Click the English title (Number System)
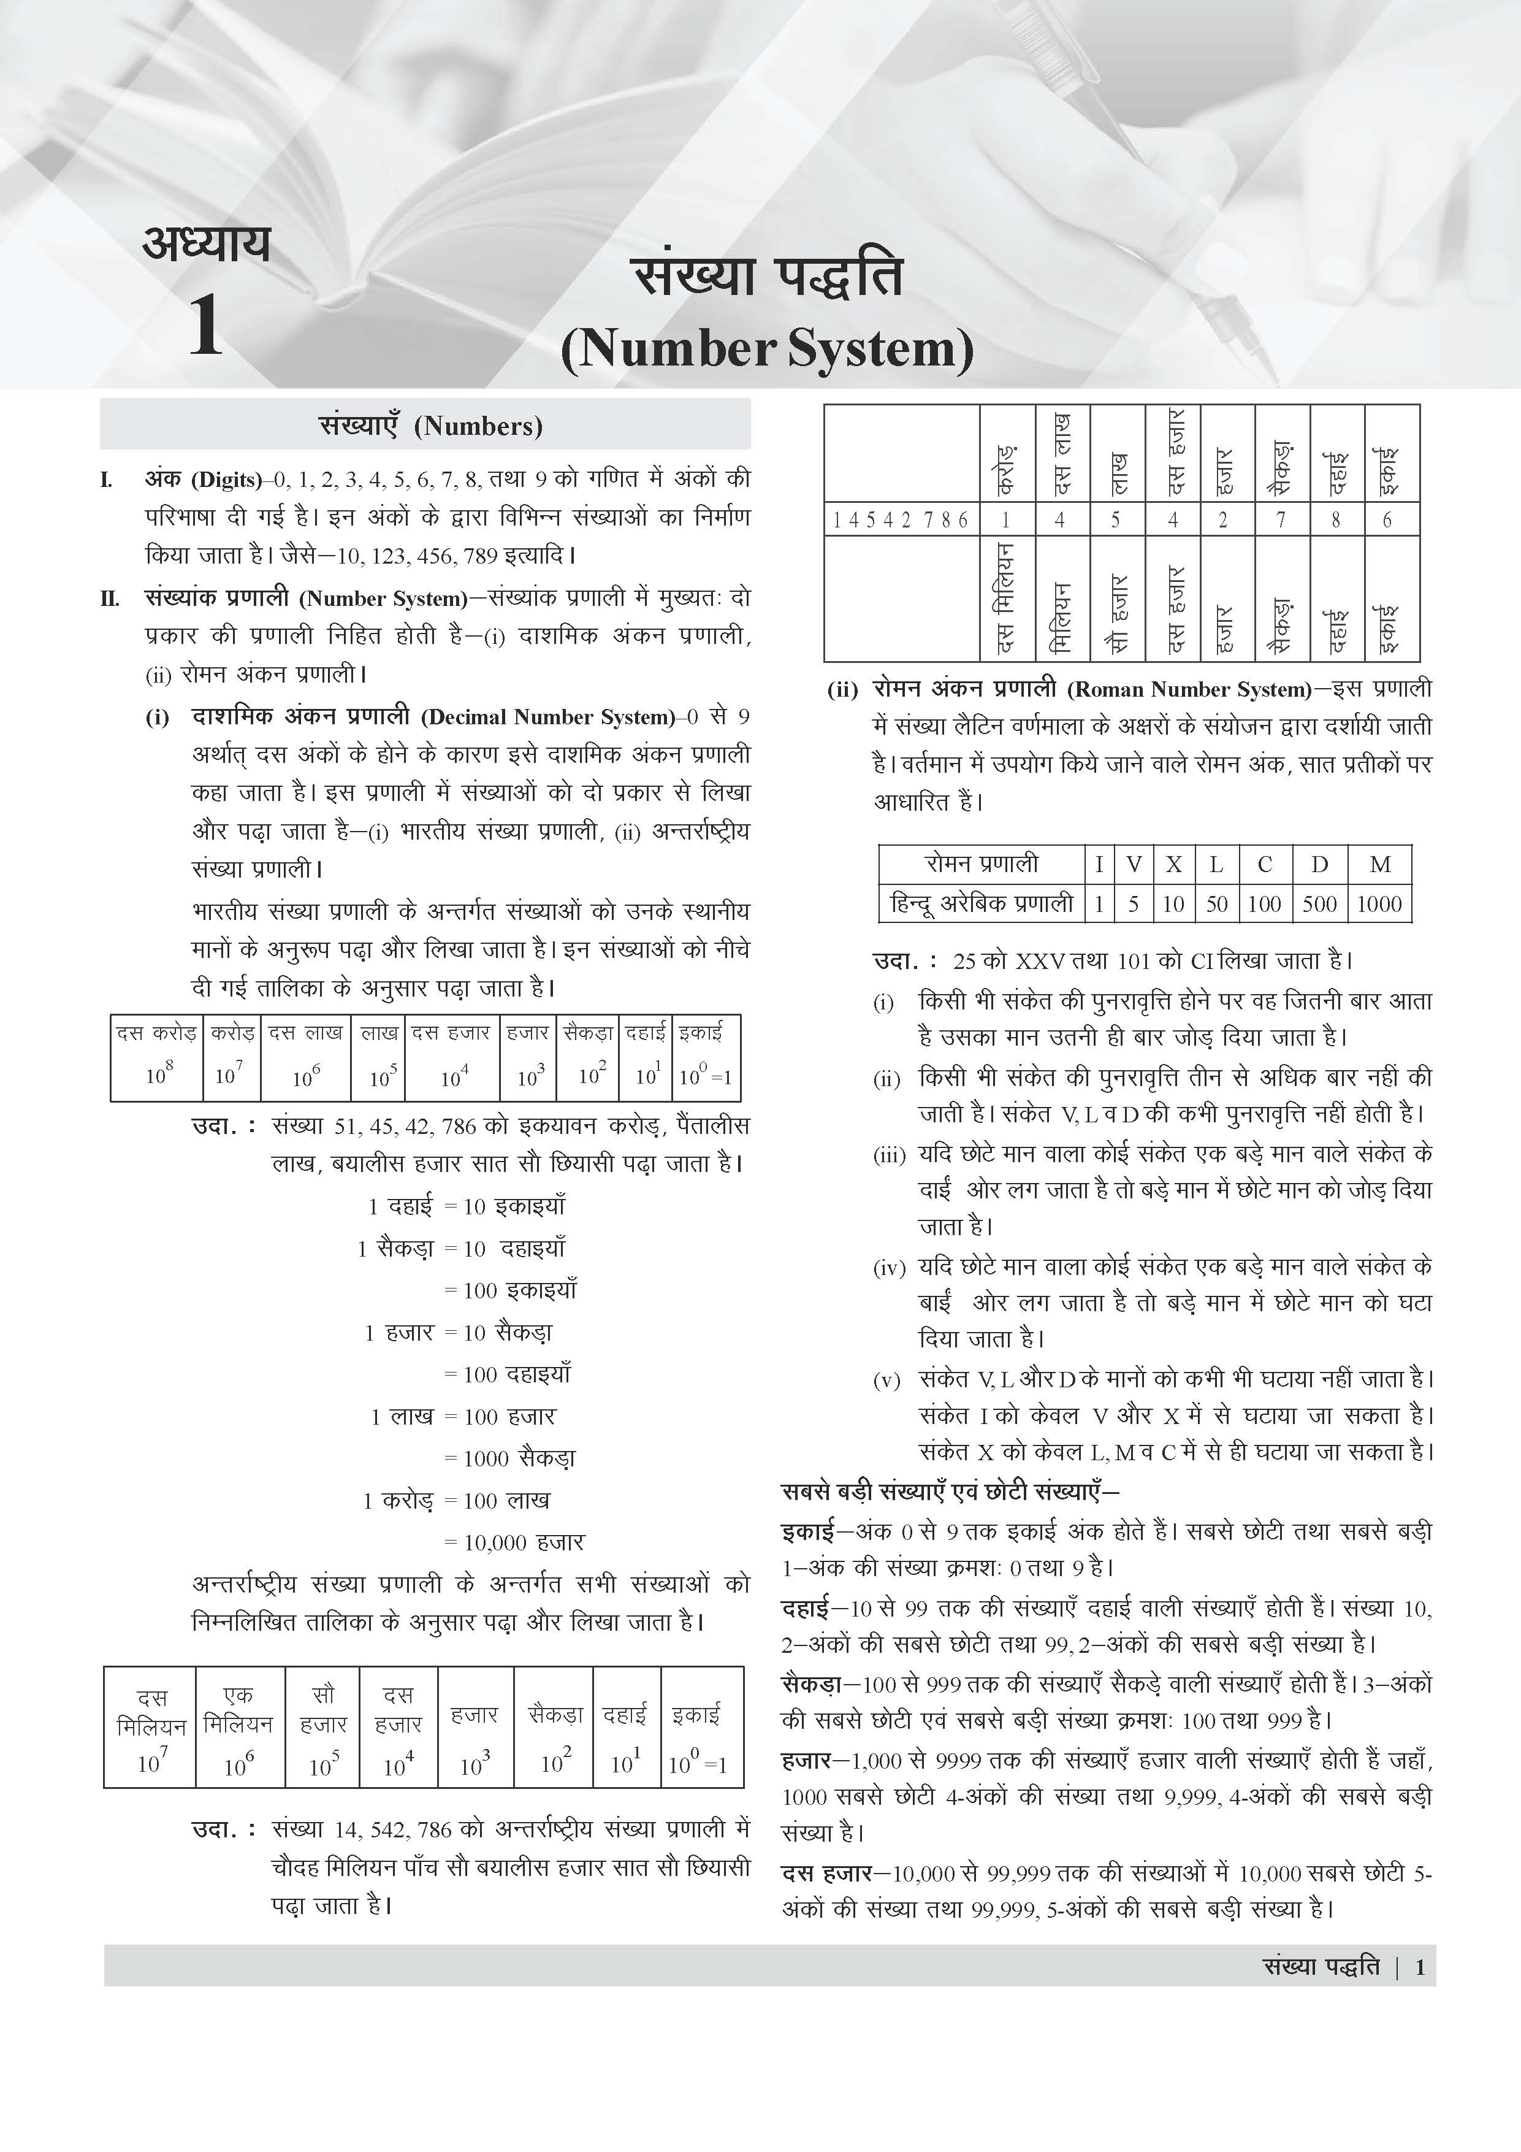tap(766, 349)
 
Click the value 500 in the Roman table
tap(1319, 905)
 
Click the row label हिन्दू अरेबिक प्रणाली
tap(981, 905)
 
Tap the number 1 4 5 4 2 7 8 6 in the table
tap(901, 520)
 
